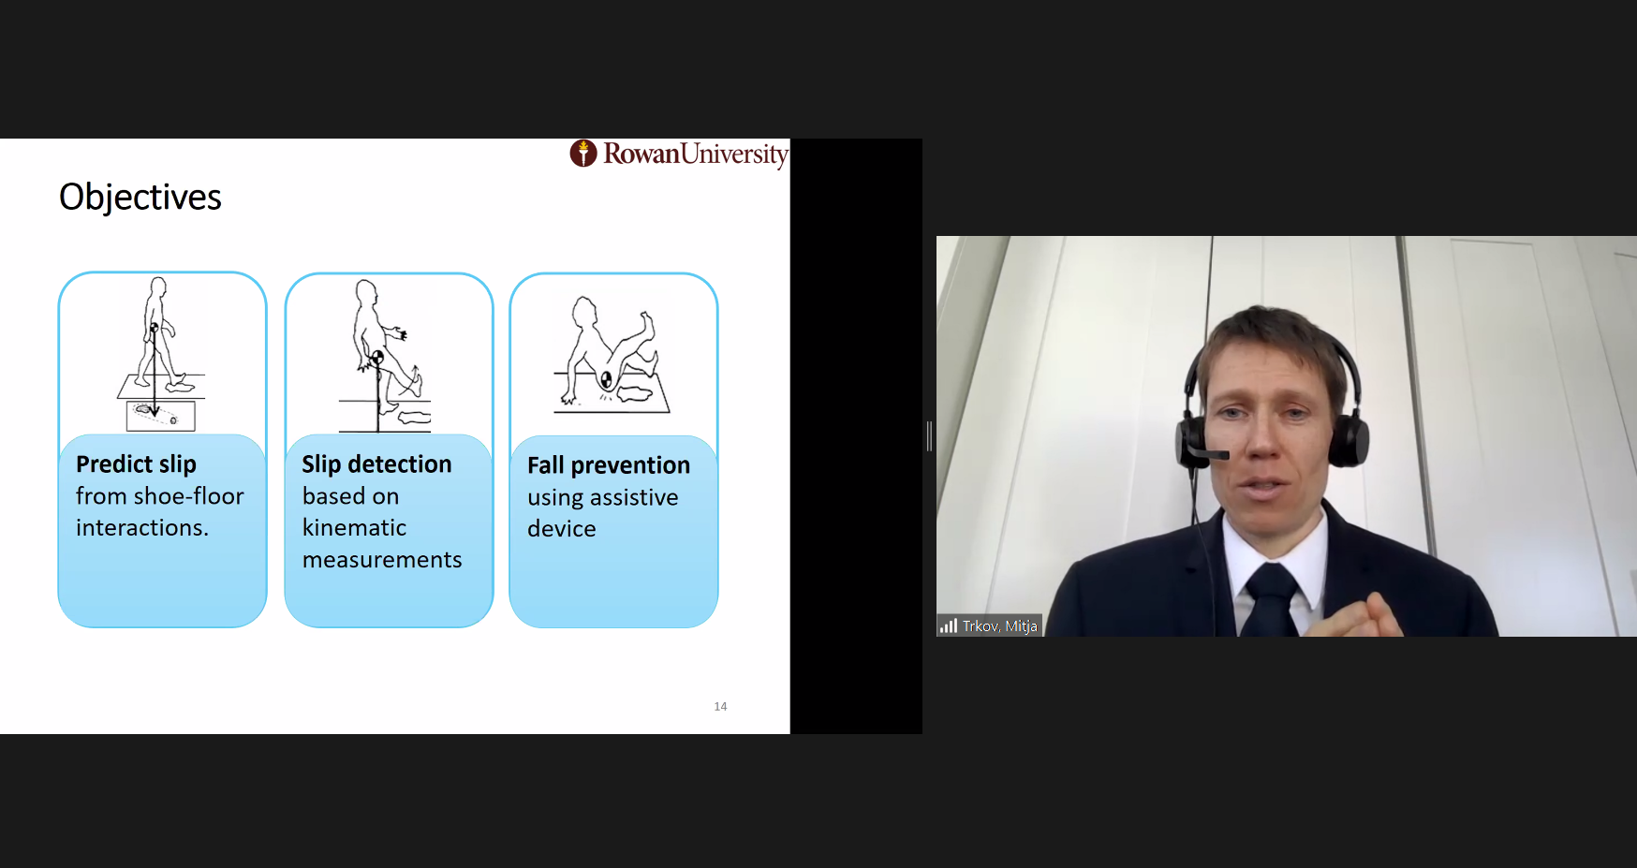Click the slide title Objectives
point(140,198)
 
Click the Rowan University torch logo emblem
point(583,153)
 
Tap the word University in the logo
point(734,154)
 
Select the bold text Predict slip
point(136,464)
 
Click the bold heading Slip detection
point(376,464)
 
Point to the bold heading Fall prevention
point(609,465)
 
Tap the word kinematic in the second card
point(354,528)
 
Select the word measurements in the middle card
point(382,560)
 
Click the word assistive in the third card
point(634,497)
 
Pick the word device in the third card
point(562,529)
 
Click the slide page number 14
point(720,706)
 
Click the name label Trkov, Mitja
point(999,625)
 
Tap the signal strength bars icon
point(949,625)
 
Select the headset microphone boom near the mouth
point(1208,454)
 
